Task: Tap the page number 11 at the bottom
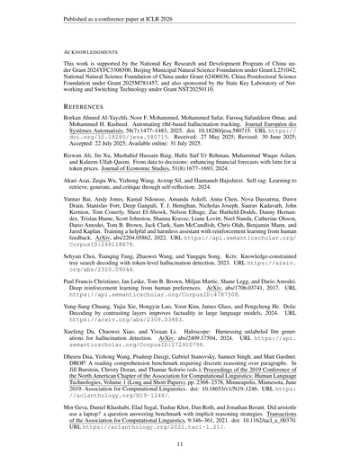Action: (x=180, y=443)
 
